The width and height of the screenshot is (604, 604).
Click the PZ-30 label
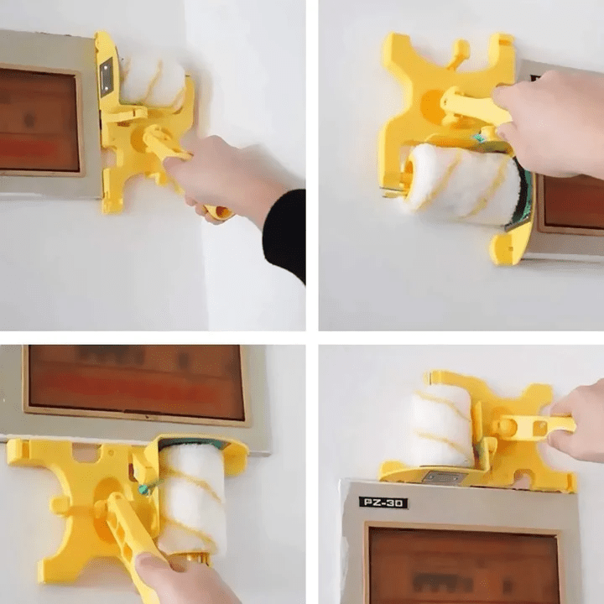383,502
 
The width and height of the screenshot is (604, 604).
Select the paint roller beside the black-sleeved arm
153,82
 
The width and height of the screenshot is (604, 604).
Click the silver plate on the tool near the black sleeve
107,76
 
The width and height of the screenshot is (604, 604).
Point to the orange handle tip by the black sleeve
221,213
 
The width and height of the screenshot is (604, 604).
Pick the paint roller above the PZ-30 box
441,426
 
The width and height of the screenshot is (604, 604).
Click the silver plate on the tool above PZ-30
444,476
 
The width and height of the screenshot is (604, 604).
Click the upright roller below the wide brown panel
192,498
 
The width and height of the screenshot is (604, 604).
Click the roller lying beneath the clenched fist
461,184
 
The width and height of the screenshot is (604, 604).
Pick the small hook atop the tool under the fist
458,51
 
